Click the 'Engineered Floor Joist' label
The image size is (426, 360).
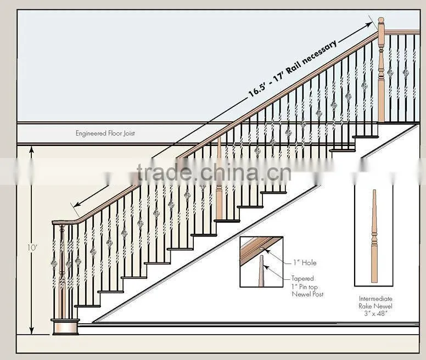point(105,133)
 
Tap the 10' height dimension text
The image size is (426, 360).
point(32,248)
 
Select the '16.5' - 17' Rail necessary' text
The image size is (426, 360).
point(293,69)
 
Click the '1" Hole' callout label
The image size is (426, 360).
point(305,262)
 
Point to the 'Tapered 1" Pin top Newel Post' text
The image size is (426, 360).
point(307,286)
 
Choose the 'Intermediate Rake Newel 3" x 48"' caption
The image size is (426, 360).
point(375,306)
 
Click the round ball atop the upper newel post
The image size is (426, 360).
point(381,20)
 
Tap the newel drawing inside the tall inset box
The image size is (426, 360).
point(374,236)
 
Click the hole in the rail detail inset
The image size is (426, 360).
point(261,249)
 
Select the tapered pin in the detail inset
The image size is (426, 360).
point(261,271)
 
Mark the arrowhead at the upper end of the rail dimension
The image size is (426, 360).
point(369,25)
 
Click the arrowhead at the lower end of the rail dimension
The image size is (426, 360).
point(77,205)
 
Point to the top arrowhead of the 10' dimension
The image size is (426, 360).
point(31,150)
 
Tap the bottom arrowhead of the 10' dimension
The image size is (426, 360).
point(31,330)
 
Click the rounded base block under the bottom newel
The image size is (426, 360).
point(65,327)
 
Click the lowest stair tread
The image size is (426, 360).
point(87,306)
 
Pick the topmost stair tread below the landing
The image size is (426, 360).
point(365,137)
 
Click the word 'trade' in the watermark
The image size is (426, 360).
point(165,173)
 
